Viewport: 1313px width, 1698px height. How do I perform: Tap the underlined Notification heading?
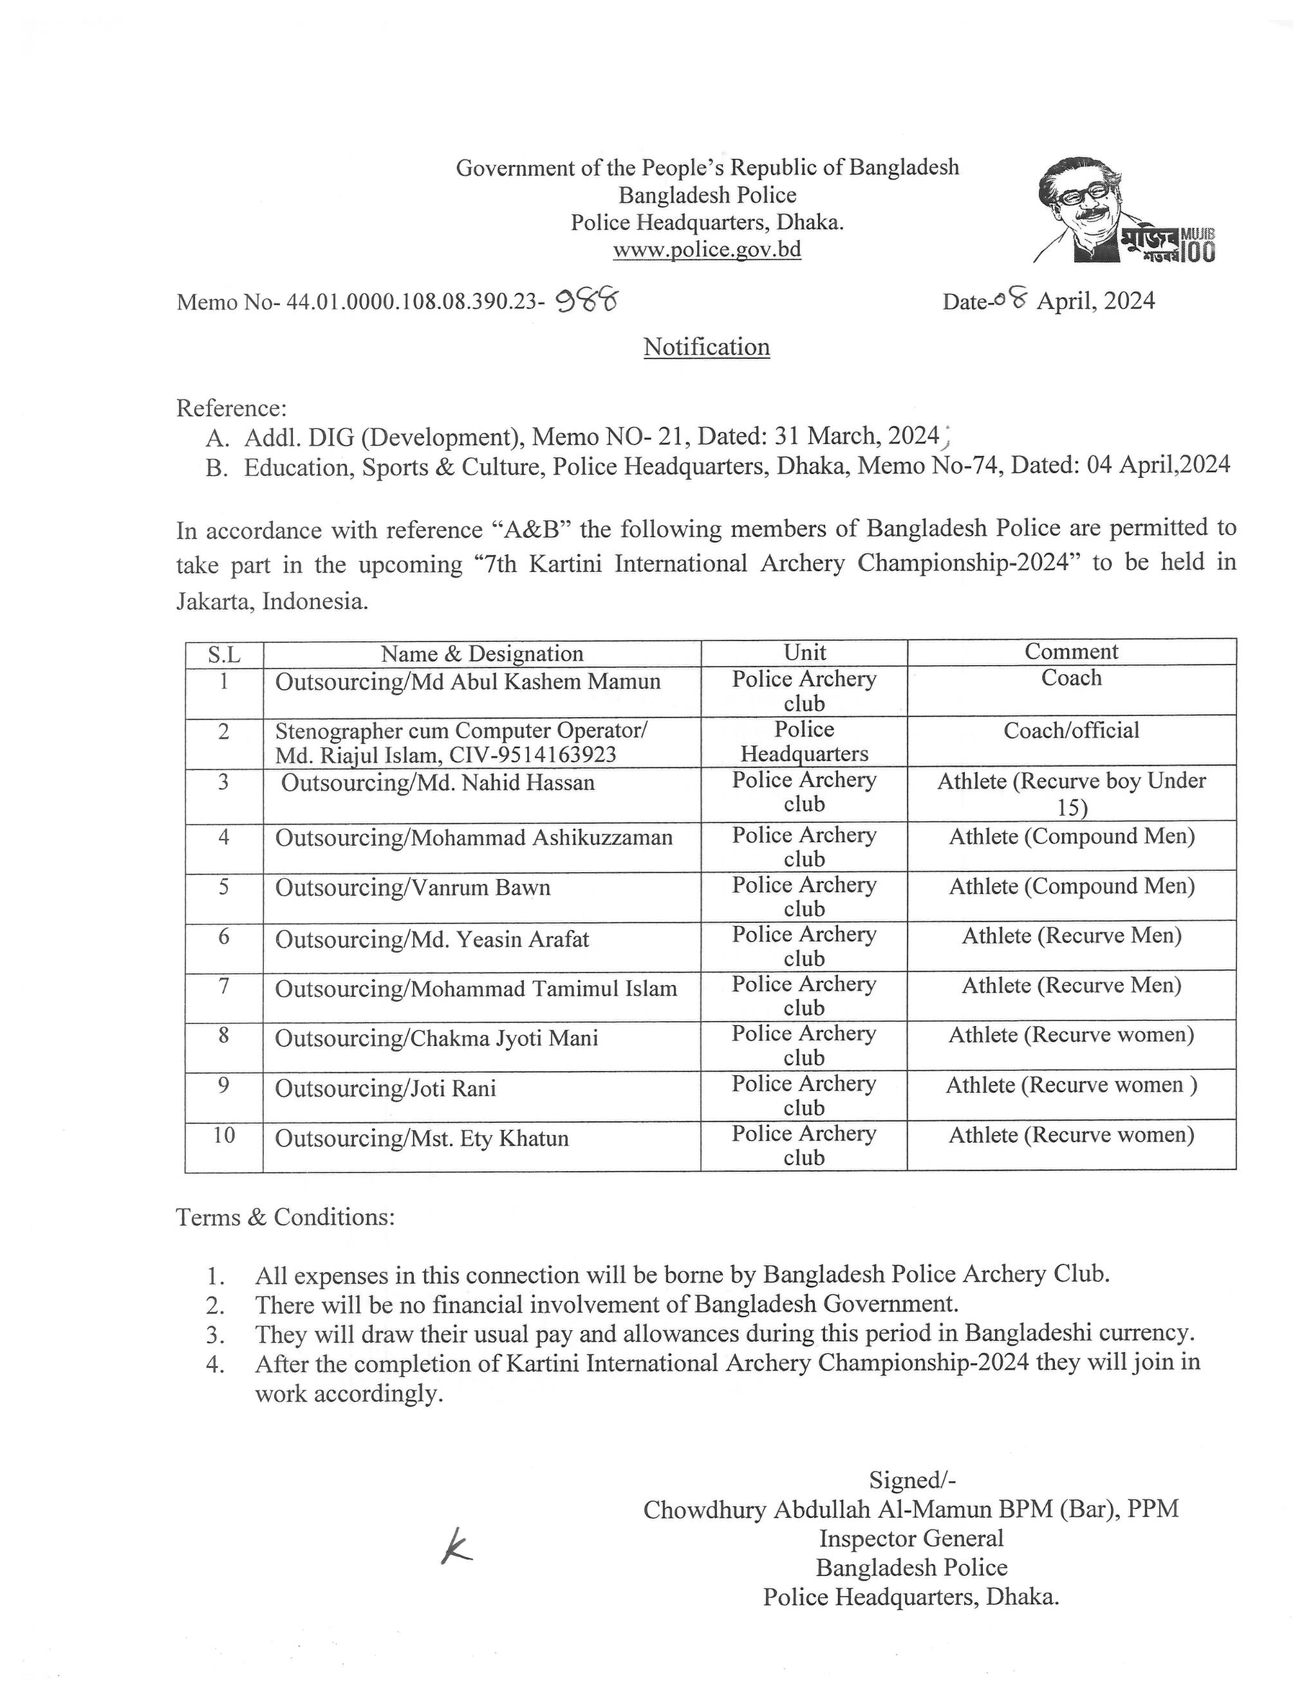point(706,347)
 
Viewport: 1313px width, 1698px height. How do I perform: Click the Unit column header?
point(805,652)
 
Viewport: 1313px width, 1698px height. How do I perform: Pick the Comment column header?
point(1071,652)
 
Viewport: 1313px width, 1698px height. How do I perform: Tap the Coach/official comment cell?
point(1071,731)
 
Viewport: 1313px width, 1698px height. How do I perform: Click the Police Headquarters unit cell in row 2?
point(805,742)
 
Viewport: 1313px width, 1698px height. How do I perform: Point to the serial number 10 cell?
point(224,1136)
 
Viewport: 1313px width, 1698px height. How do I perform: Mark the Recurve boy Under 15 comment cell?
point(1071,794)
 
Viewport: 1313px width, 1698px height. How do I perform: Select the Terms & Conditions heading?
point(286,1217)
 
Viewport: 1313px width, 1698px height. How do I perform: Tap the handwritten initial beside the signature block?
point(455,1547)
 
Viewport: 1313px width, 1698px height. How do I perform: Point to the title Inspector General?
point(911,1538)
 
